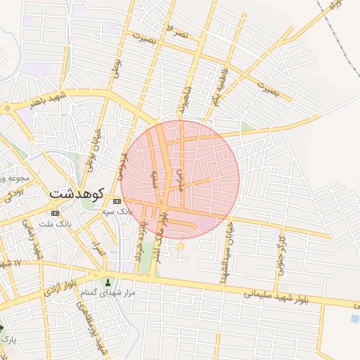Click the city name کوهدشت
click(77, 192)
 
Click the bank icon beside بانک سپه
click(117, 201)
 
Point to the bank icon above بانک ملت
click(56, 213)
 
